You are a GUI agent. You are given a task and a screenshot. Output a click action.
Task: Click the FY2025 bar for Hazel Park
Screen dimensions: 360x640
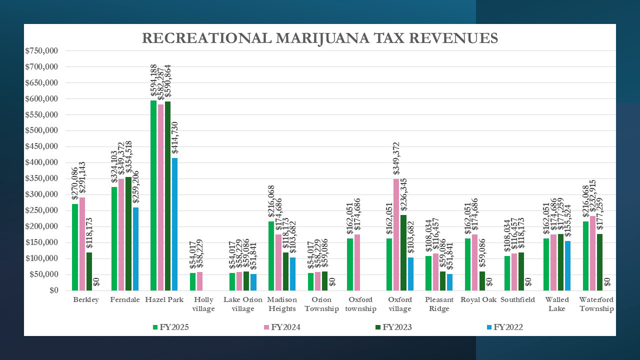coord(153,195)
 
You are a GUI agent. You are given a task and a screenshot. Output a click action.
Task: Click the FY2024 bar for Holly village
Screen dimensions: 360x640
coord(200,281)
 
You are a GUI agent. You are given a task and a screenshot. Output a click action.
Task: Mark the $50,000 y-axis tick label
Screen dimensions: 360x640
coord(44,274)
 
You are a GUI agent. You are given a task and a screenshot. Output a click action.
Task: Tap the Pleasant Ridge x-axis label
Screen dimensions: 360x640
coord(439,304)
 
